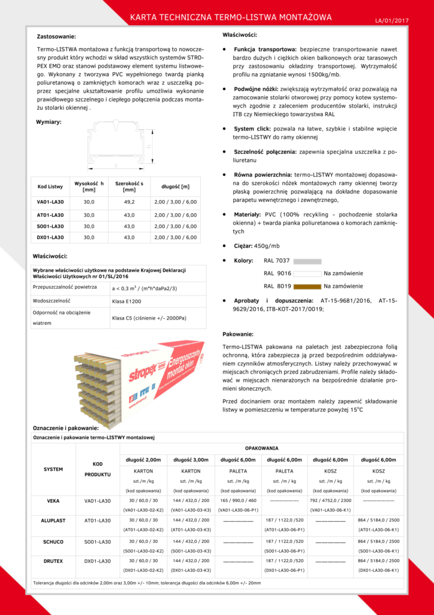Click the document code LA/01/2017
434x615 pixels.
[391, 20]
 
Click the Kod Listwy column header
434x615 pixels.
[50, 186]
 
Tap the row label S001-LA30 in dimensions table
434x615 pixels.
[50, 226]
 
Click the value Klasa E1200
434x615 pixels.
[126, 301]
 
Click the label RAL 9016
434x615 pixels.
[277, 274]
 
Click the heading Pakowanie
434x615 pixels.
[237, 334]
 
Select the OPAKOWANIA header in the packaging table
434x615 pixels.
[261, 449]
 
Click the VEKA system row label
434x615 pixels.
[53, 500]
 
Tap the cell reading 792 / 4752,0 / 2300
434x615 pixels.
[331, 500]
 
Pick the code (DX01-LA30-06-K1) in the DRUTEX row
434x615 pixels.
[378, 569]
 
